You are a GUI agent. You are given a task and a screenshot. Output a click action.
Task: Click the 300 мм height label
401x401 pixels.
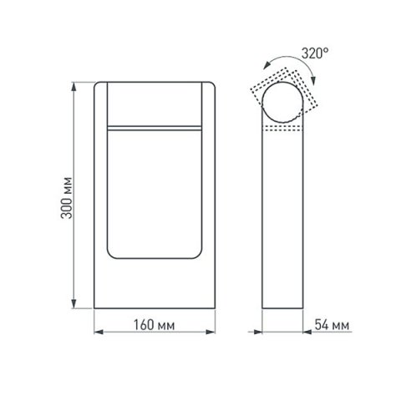(67, 198)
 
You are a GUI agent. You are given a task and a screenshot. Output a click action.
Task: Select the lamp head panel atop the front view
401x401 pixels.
(155, 103)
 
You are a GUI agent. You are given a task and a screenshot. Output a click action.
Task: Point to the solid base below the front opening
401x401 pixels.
(155, 284)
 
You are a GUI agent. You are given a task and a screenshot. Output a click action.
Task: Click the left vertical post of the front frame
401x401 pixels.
(100, 192)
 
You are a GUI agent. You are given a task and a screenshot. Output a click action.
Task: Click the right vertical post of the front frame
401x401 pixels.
(209, 192)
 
